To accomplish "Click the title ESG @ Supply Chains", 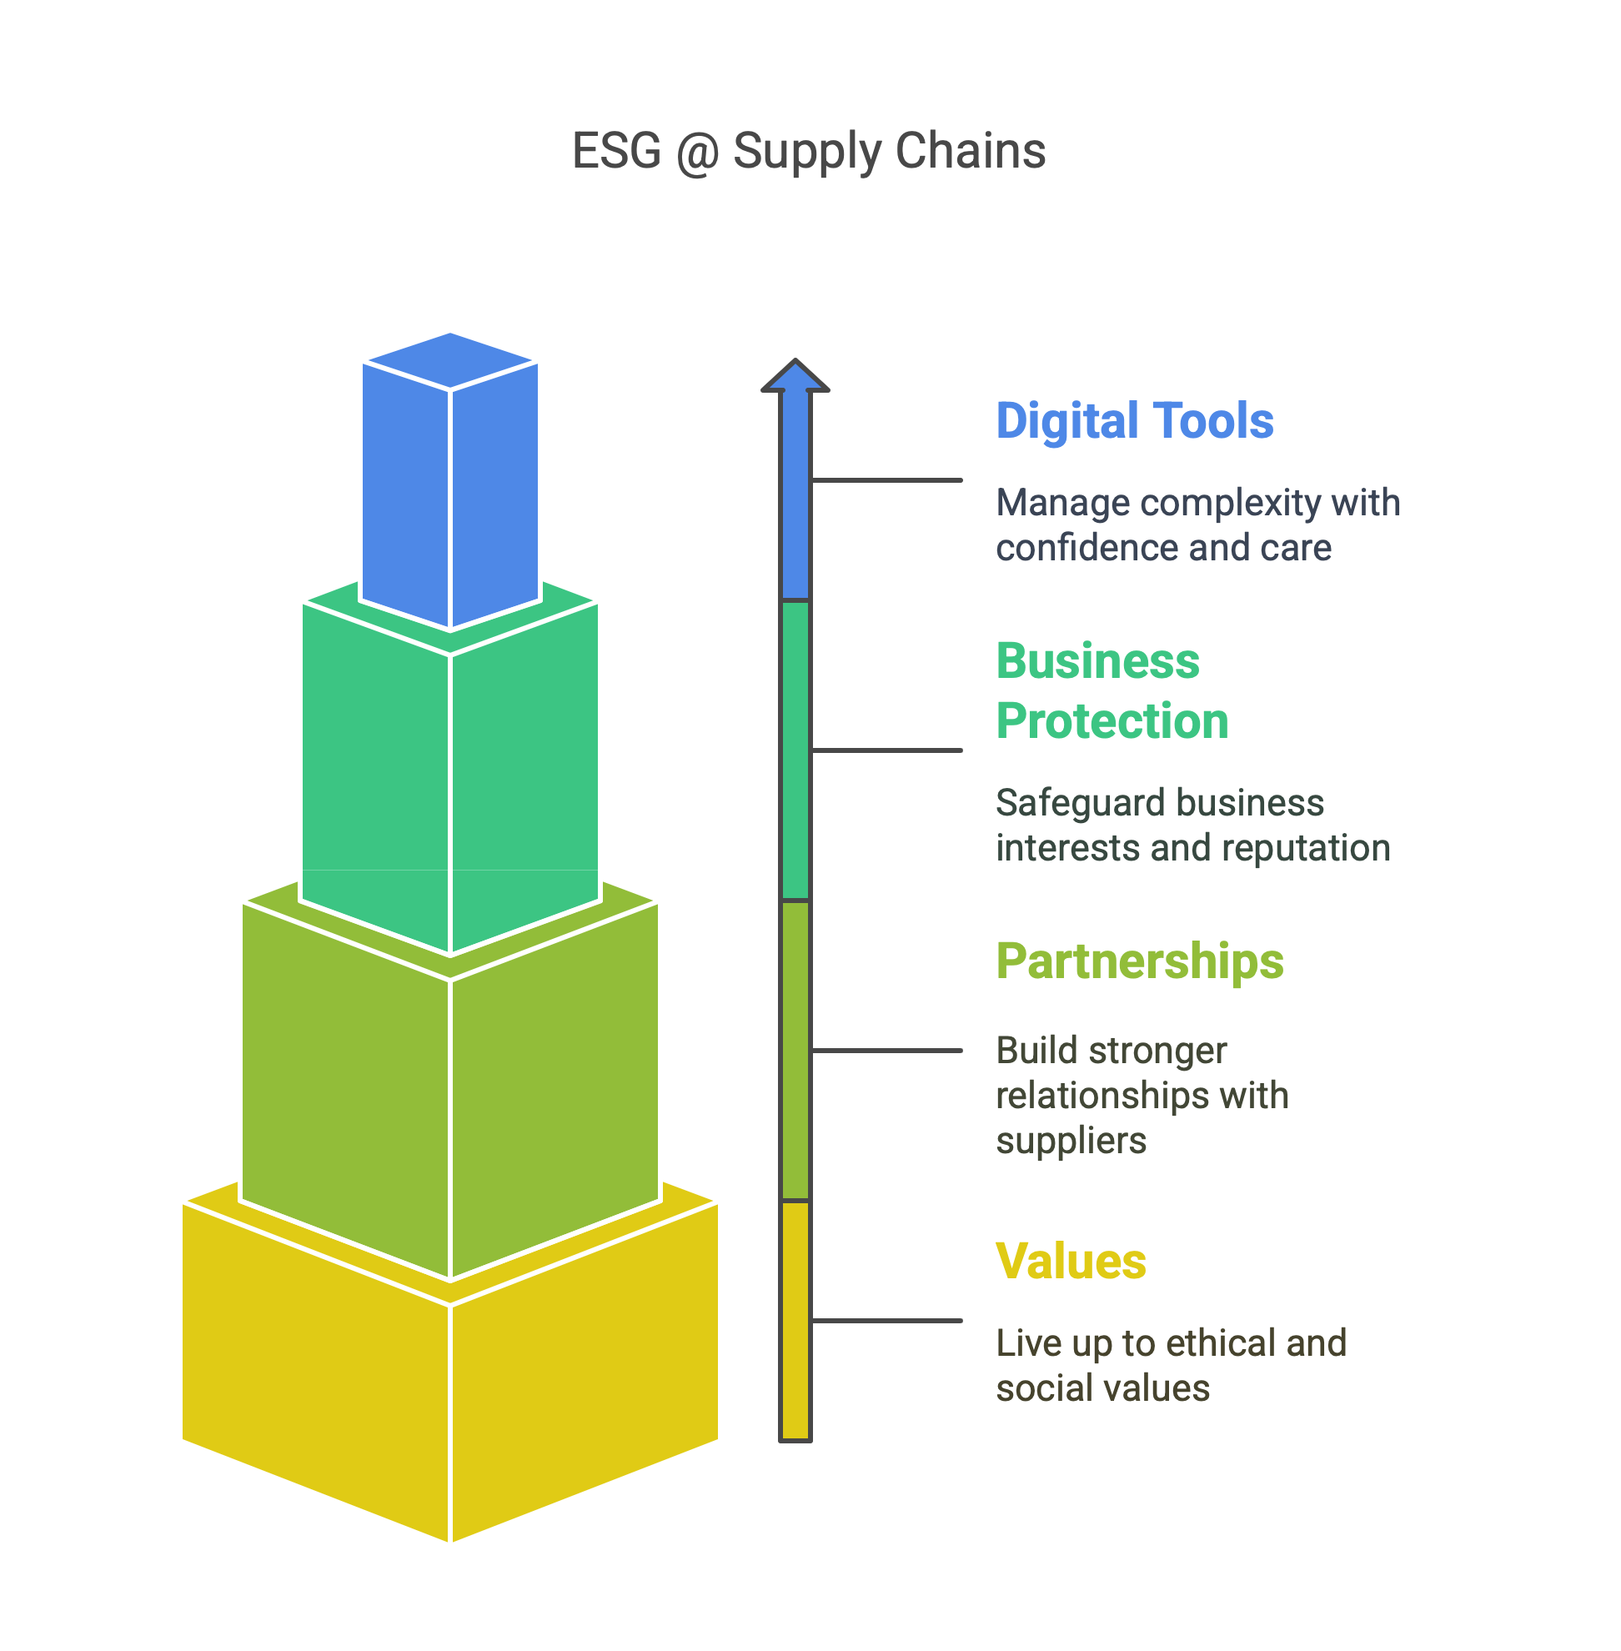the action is click(x=808, y=152).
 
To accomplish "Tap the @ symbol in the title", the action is click(x=697, y=153).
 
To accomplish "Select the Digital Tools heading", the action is click(x=1134, y=420).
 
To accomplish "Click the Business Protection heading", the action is click(x=1112, y=690).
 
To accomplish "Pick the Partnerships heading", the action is click(x=1139, y=962).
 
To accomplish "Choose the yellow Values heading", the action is click(x=1071, y=1261).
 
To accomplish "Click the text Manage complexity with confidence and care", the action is click(x=1198, y=525).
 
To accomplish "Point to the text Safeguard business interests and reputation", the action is click(x=1192, y=825).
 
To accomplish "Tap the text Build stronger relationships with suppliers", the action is click(x=1142, y=1095).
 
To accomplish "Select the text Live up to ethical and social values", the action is click(x=1171, y=1365).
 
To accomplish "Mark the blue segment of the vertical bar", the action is click(x=795, y=494).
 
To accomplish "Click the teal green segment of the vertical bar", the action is click(x=795, y=750).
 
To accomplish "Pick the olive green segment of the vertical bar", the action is click(x=795, y=1051).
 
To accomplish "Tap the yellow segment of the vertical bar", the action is click(x=795, y=1321).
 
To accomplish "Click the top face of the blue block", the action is click(x=449, y=360).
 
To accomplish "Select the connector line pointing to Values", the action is click(x=887, y=1321).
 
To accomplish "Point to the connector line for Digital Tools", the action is click(x=887, y=480).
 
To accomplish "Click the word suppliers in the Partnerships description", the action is click(x=1071, y=1141).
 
